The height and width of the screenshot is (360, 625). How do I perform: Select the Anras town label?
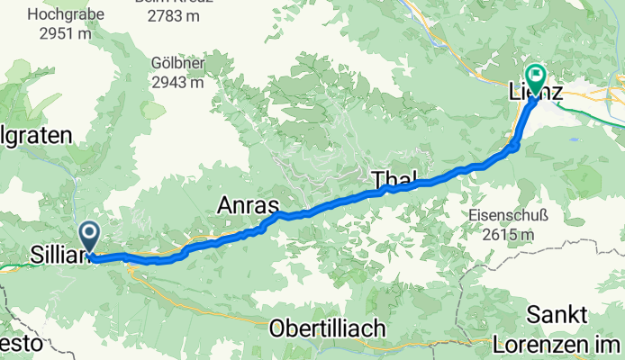pos(246,206)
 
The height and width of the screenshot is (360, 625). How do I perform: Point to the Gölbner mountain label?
pos(177,63)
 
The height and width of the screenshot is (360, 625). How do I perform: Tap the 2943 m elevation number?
pos(177,81)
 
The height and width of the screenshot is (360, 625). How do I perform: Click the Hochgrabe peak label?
pos(66,14)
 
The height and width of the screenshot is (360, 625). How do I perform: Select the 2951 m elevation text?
pos(66,32)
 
